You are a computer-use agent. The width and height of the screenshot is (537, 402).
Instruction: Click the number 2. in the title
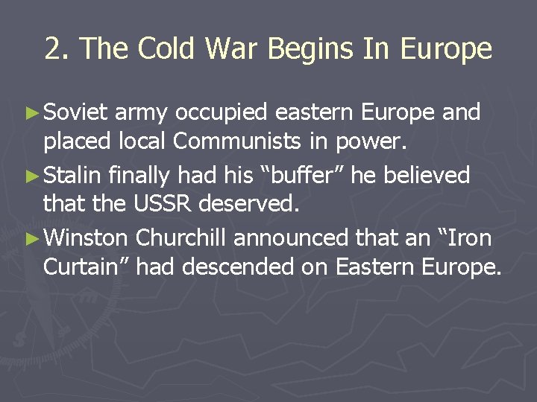(57, 49)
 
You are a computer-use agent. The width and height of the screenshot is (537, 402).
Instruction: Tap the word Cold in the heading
(154, 49)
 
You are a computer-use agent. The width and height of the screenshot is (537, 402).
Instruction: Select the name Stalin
(72, 176)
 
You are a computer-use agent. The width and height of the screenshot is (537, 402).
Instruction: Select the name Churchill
(181, 238)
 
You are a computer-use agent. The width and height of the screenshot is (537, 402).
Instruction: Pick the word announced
(290, 238)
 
